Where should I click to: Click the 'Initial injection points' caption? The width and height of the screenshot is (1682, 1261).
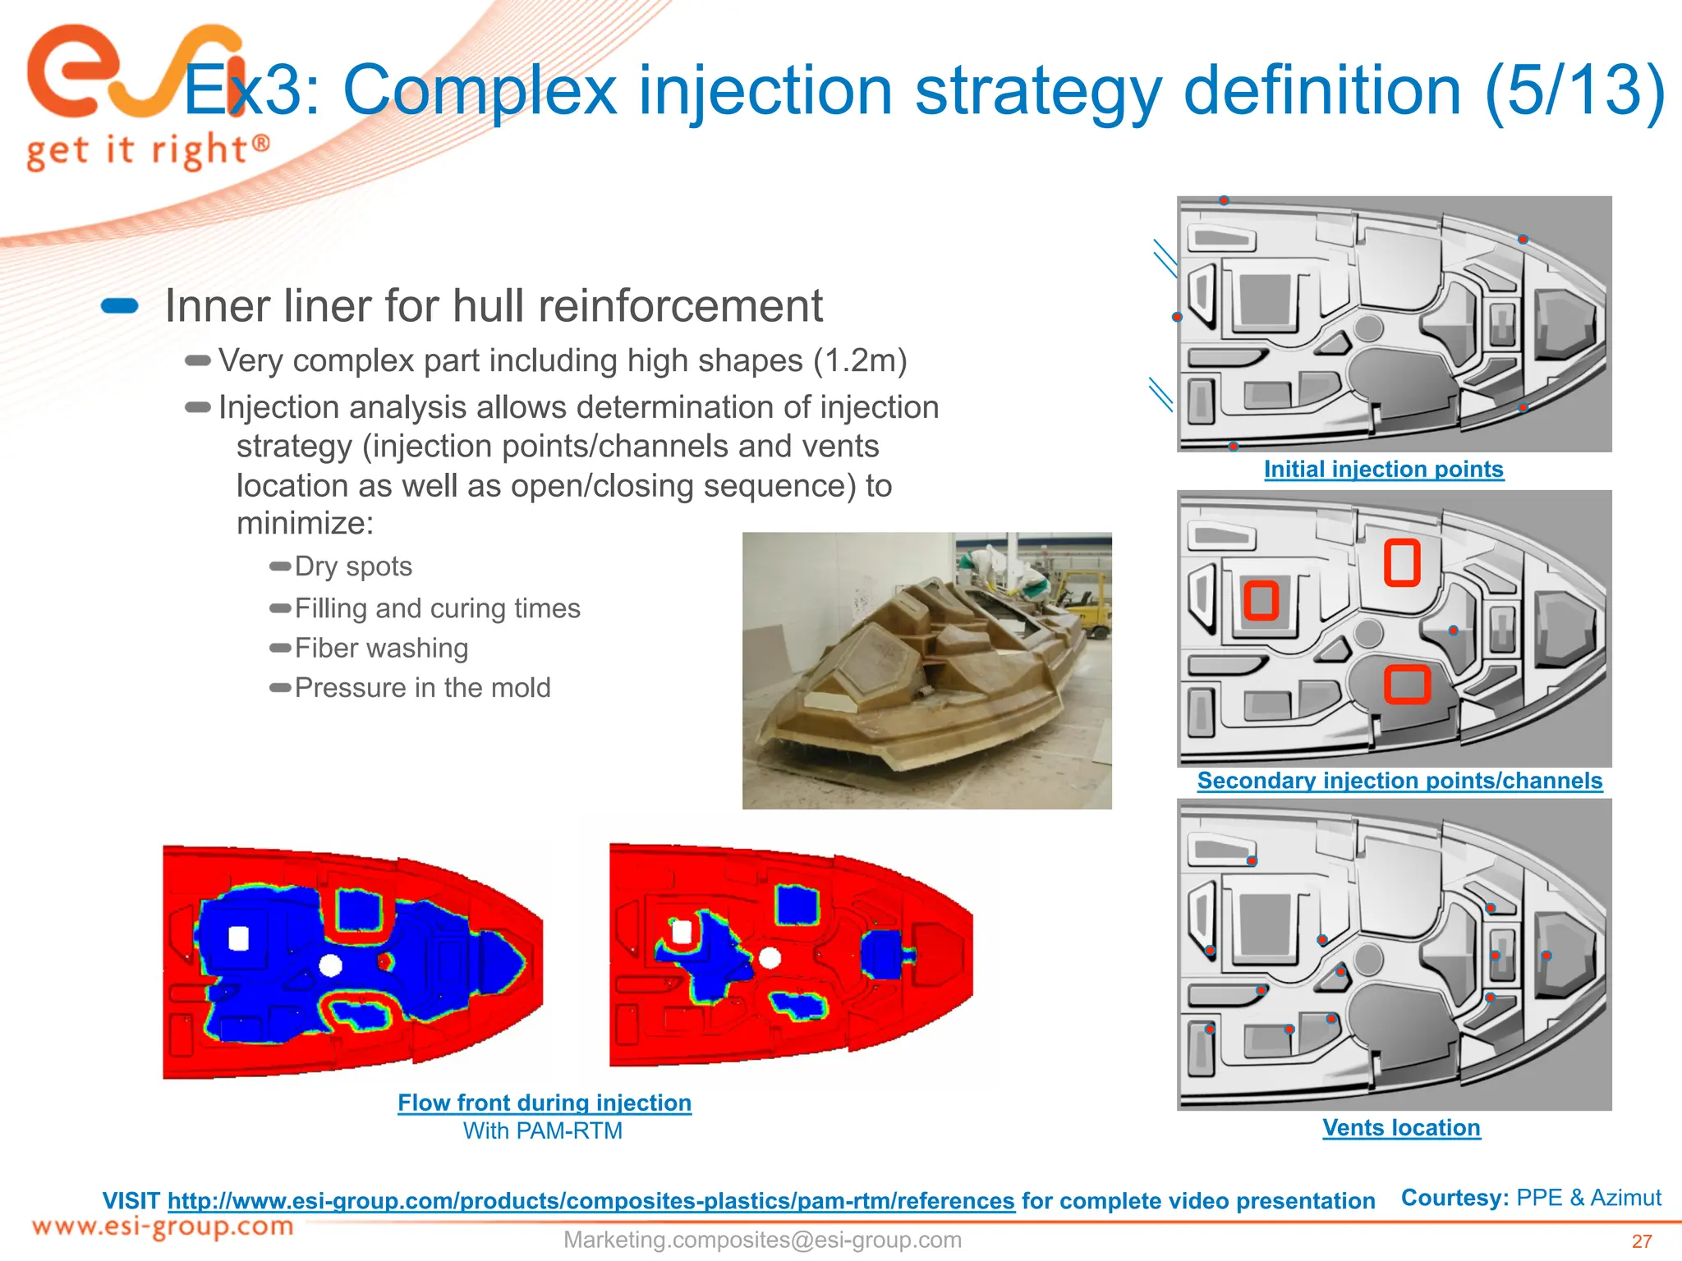[x=1384, y=470]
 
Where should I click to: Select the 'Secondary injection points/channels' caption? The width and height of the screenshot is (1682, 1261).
[x=1399, y=781]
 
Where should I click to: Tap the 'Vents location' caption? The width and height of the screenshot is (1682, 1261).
[x=1401, y=1128]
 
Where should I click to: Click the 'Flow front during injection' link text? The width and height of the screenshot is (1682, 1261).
[x=545, y=1103]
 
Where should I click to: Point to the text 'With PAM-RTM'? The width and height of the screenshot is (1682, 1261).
[x=543, y=1131]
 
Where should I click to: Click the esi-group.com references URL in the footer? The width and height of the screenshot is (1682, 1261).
[x=591, y=1201]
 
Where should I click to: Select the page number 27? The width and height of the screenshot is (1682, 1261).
[x=1641, y=1241]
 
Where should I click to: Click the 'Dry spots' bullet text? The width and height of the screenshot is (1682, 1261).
[x=353, y=566]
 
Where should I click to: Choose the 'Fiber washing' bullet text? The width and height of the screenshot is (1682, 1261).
[x=381, y=649]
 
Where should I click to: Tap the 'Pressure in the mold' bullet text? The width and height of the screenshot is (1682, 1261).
[x=422, y=688]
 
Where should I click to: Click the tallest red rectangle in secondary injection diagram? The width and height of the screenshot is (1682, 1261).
[x=1402, y=563]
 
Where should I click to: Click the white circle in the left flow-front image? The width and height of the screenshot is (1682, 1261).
[x=330, y=965]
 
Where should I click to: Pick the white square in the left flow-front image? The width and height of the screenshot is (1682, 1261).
[x=238, y=938]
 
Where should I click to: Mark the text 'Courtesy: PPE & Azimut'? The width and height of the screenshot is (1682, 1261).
[x=1531, y=1198]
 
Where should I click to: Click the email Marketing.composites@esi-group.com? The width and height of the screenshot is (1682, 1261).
[x=762, y=1240]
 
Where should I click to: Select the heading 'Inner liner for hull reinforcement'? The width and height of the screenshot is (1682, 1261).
[x=494, y=306]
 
